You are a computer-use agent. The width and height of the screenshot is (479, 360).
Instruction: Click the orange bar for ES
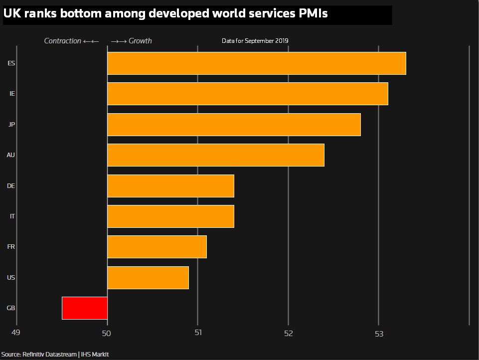tap(256, 63)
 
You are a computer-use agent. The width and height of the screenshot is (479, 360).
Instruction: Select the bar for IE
tap(247, 94)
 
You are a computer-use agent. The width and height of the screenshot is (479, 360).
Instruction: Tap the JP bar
tap(234, 125)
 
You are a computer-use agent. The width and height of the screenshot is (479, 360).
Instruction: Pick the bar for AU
tap(215, 155)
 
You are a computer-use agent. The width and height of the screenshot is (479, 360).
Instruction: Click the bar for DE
tap(170, 186)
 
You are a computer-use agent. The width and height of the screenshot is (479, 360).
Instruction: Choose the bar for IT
tap(170, 216)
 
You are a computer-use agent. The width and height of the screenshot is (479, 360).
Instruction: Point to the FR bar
tap(157, 247)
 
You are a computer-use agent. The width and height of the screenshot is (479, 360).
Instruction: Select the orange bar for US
tap(148, 278)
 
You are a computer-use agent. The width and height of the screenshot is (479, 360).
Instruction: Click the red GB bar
tap(85, 308)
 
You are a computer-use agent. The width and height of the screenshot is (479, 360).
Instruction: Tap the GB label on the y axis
tap(11, 308)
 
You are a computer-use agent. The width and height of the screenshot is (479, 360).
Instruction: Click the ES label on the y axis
tap(11, 63)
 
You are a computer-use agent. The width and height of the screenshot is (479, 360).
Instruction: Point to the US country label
tap(11, 278)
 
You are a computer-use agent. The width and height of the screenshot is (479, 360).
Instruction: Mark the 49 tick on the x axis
tap(16, 333)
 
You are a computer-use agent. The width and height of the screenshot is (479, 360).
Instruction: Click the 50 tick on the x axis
tap(107, 333)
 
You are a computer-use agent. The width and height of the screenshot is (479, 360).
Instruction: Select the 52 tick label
tap(289, 333)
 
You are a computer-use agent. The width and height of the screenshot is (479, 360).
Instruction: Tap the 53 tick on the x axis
tap(379, 333)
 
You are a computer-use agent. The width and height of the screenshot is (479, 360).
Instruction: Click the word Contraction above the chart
tap(62, 41)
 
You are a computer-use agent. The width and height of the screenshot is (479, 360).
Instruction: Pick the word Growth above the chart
tap(140, 41)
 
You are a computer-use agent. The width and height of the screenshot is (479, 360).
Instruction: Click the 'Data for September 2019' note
tap(255, 41)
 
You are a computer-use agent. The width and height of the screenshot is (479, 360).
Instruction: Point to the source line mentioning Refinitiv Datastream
tap(55, 355)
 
